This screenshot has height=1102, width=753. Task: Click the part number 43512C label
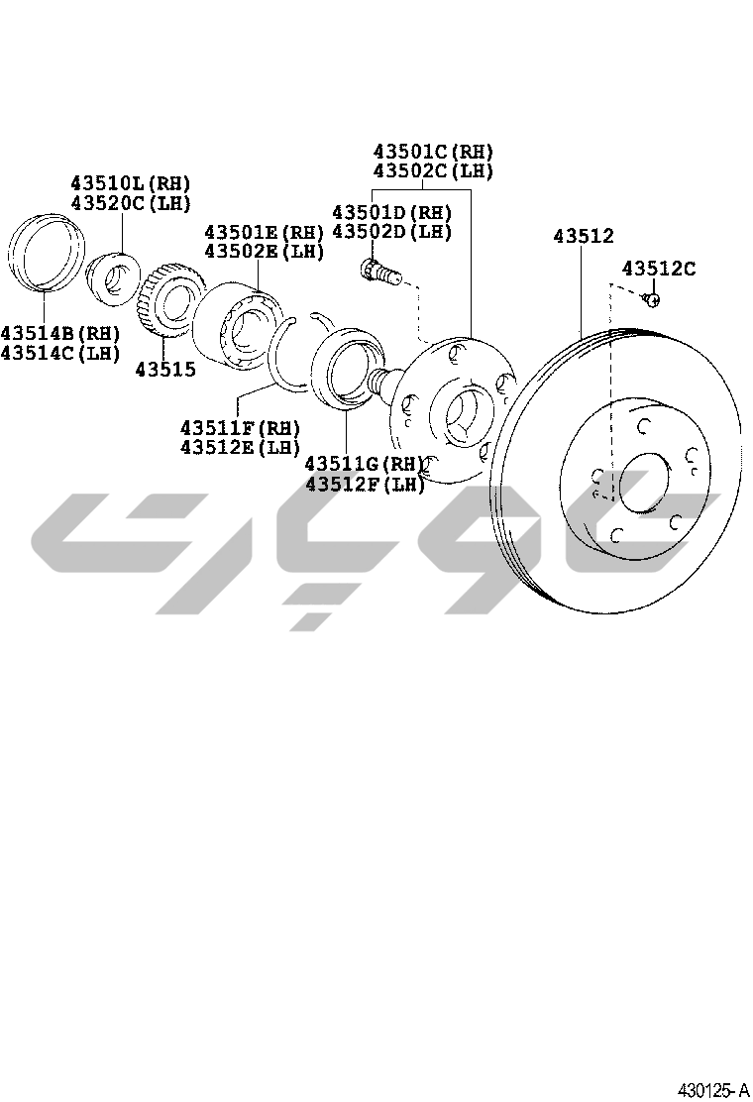coord(658,269)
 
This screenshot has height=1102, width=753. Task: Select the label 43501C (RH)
coord(433,152)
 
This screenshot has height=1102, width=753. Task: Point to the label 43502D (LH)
coord(391,232)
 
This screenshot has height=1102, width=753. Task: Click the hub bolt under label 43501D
coord(379,271)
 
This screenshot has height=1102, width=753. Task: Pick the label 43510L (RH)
coord(130,183)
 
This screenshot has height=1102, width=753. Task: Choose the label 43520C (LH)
coord(130,203)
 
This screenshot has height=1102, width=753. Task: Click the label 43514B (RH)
coord(60,333)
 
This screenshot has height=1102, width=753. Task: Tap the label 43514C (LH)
coord(60,353)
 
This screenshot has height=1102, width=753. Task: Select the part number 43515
coord(165,369)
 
